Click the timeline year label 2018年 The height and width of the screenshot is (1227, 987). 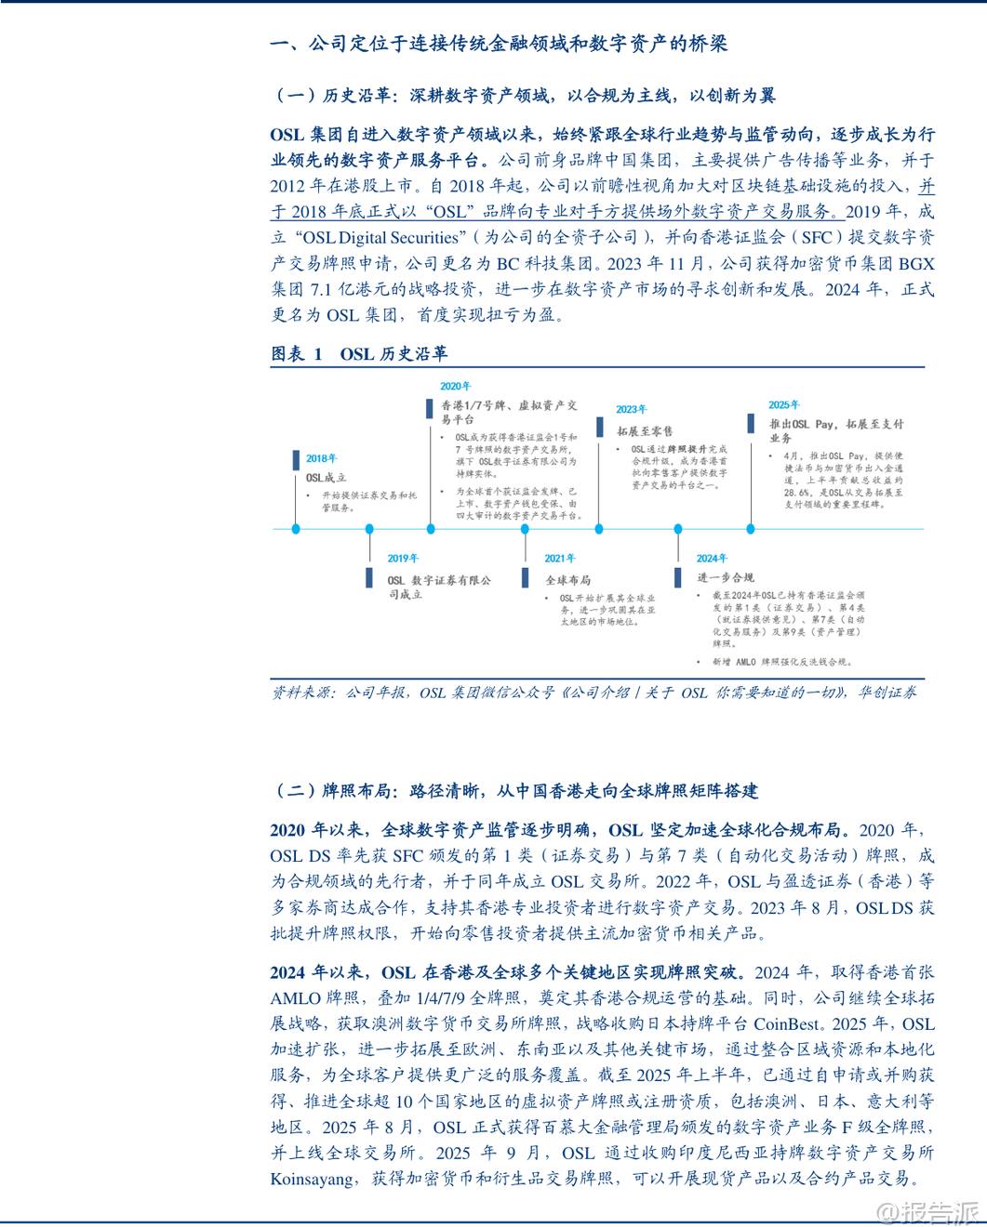coord(321,458)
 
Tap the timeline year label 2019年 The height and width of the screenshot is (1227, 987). coord(403,559)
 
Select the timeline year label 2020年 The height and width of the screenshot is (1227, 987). coord(456,387)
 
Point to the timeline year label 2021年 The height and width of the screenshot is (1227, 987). coord(560,559)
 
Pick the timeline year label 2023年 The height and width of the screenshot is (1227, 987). coord(631,409)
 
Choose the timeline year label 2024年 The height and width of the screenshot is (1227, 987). coord(712,559)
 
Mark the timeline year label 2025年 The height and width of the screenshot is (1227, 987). coord(783,405)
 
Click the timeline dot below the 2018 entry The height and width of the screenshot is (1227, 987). coord(296,529)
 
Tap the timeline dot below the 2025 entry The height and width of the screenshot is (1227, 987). coord(751,529)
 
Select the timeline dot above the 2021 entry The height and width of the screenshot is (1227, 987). coord(525,529)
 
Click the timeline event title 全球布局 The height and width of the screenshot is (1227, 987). coord(567,580)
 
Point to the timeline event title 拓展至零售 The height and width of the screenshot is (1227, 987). coord(645,431)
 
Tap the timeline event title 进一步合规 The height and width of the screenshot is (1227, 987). coord(726,577)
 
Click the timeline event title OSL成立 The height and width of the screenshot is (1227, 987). coord(326,478)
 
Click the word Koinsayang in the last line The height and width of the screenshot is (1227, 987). coord(313,1179)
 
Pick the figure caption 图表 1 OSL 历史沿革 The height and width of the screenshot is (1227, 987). coord(359,353)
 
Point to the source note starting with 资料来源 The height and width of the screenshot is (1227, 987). coord(594,693)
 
